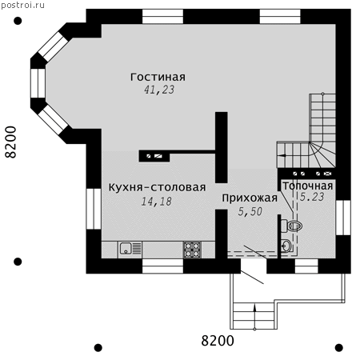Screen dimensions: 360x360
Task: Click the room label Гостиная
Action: pyautogui.click(x=158, y=77)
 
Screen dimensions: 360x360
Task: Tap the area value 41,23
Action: pyautogui.click(x=159, y=90)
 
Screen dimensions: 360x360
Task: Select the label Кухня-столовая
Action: pyautogui.click(x=157, y=187)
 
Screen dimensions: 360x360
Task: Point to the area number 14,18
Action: pyautogui.click(x=156, y=202)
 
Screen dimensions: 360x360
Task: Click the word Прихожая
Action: pyautogui.click(x=250, y=198)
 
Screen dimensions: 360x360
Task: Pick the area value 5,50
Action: pyautogui.click(x=250, y=211)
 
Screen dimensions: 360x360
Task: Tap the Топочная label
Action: pyautogui.click(x=308, y=186)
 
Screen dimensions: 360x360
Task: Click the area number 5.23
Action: pyautogui.click(x=312, y=197)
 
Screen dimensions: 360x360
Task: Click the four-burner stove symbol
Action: pyautogui.click(x=192, y=250)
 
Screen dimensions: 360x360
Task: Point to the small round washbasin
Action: pyautogui.click(x=286, y=246)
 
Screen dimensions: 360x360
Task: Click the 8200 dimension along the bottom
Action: pyautogui.click(x=218, y=341)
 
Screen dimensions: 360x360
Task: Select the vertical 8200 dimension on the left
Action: pyautogui.click(x=11, y=142)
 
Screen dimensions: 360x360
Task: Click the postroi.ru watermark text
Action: pyautogui.click(x=22, y=5)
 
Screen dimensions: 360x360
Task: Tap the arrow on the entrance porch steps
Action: pyautogui.click(x=254, y=317)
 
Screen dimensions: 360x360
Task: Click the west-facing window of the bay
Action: pyautogui.click(x=38, y=83)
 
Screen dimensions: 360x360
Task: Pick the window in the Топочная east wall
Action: pyautogui.click(x=343, y=218)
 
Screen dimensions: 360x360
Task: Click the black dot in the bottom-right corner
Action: pyautogui.click(x=339, y=348)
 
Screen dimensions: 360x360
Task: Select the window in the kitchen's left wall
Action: pyautogui.click(x=94, y=209)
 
